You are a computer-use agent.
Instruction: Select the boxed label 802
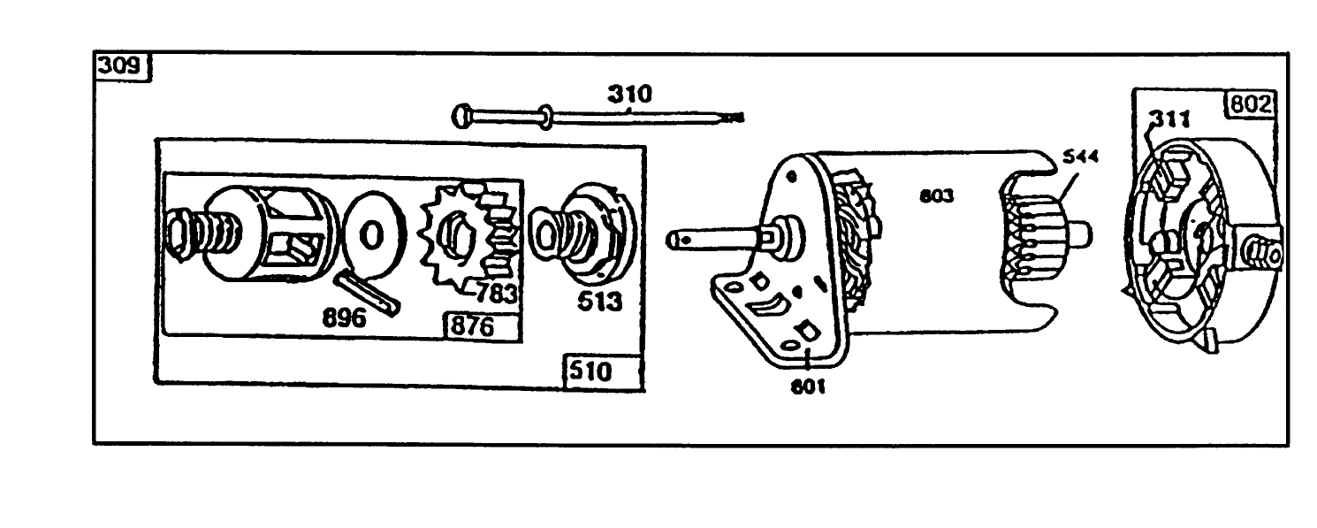[x=1248, y=105]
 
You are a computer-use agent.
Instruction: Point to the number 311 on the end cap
[x=1168, y=119]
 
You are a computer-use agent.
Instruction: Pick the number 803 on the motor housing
[x=936, y=196]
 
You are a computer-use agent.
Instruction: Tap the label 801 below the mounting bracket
[x=808, y=386]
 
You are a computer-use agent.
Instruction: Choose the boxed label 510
[x=590, y=371]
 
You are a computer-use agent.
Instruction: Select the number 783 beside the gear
[x=496, y=293]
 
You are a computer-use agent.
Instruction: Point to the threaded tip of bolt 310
[x=733, y=116]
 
